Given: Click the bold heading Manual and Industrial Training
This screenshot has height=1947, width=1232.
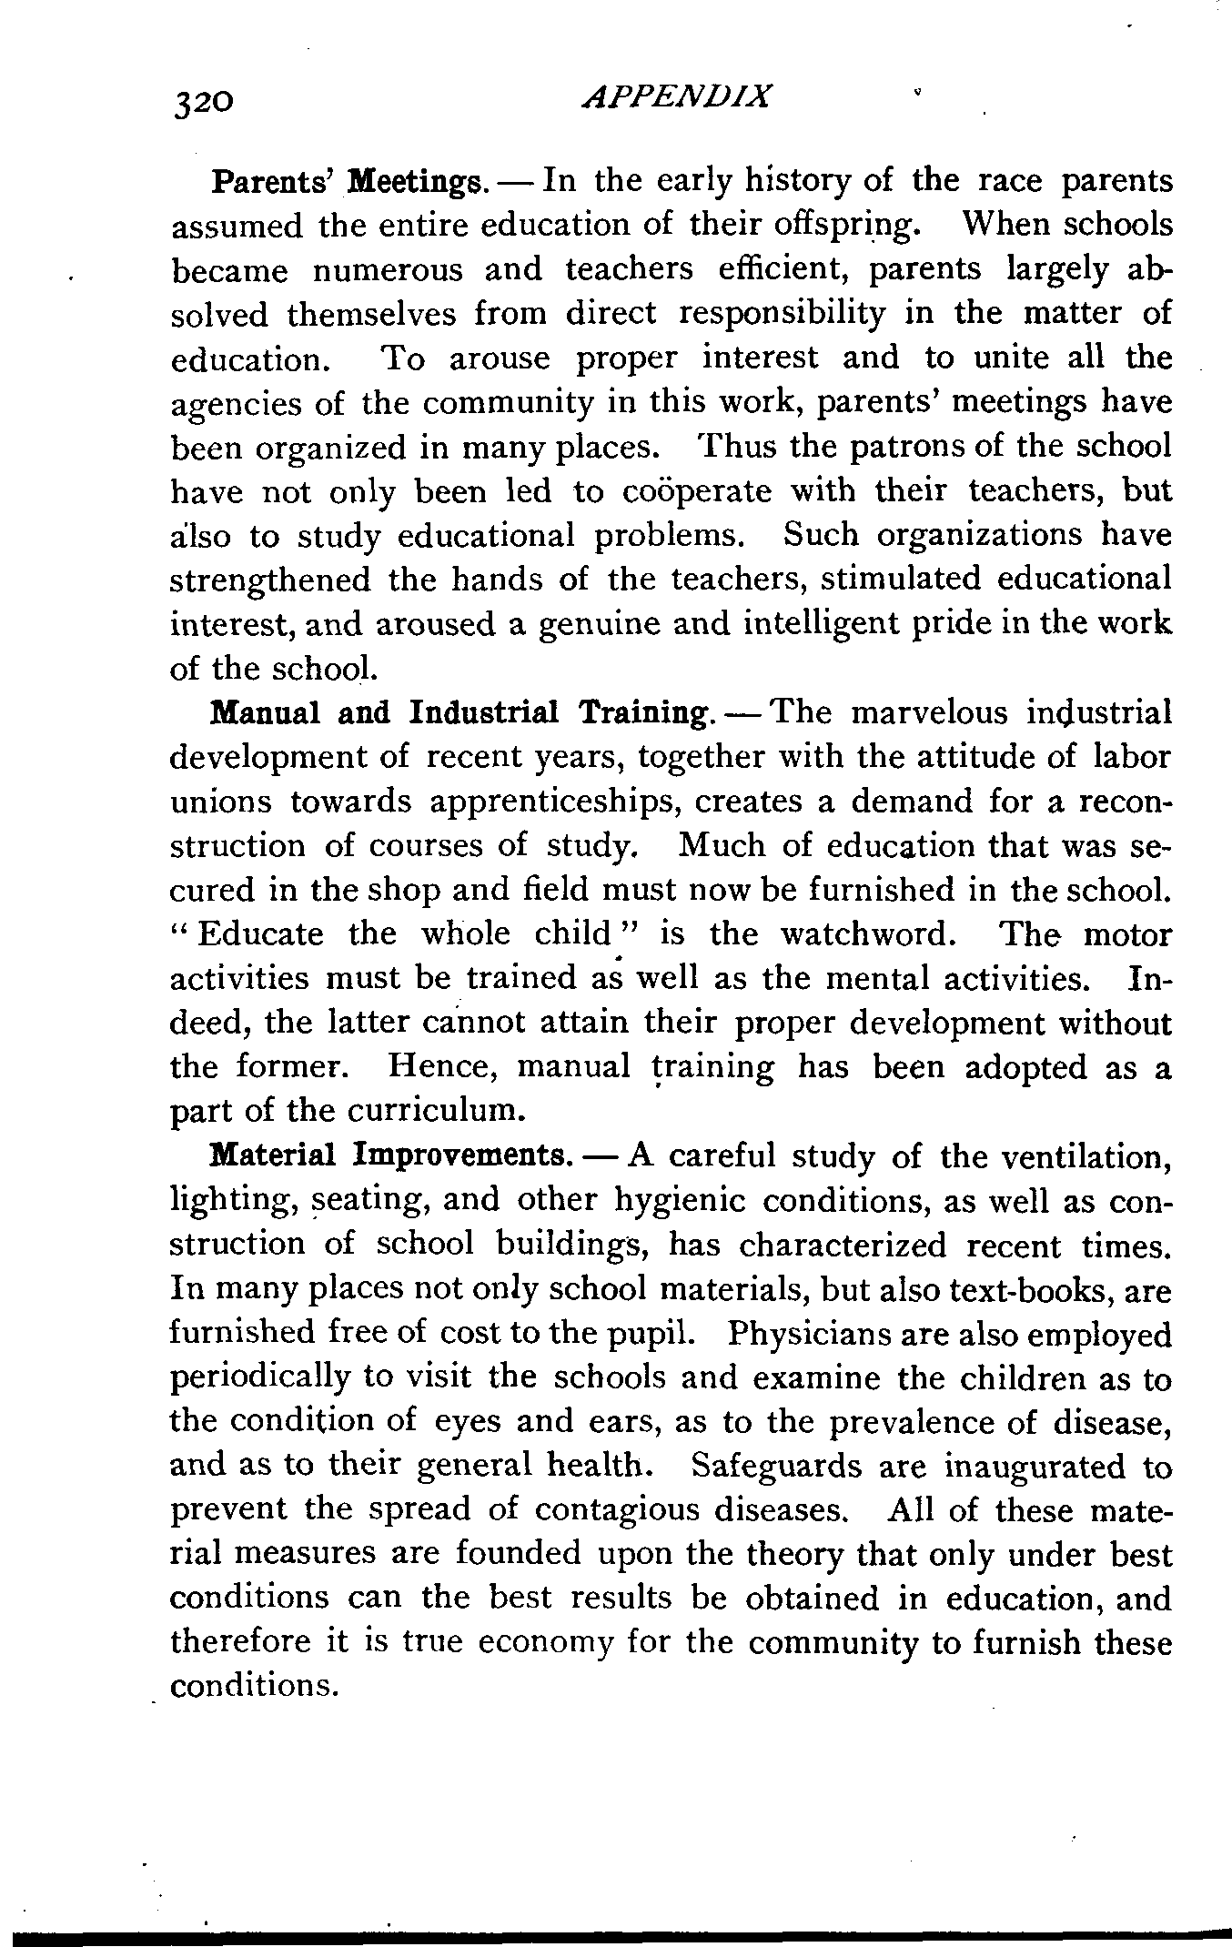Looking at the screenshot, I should coord(459,714).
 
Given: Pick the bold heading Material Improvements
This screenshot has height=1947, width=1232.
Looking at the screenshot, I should coord(389,1157).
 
